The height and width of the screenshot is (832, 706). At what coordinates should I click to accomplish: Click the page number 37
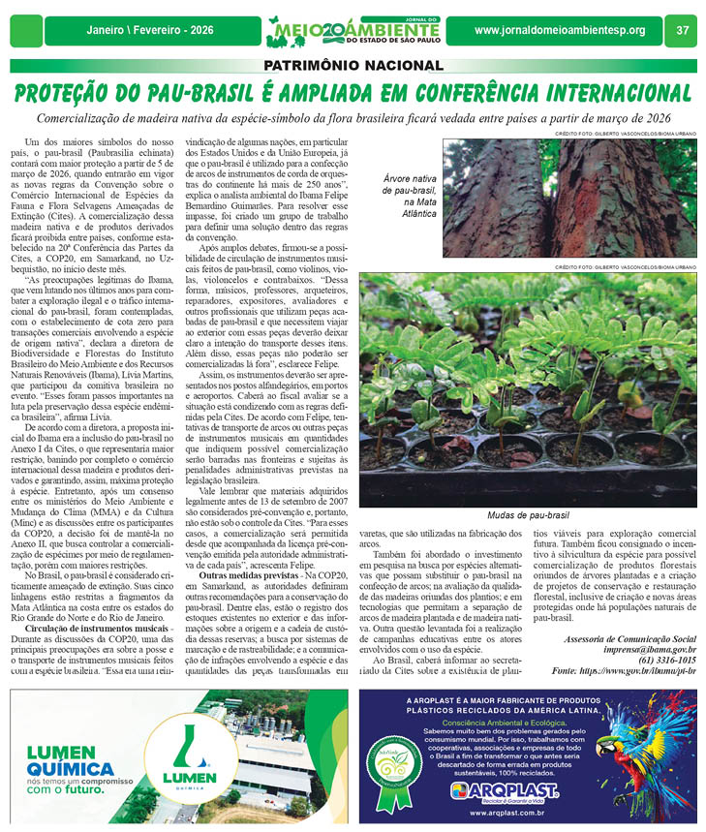[x=683, y=30]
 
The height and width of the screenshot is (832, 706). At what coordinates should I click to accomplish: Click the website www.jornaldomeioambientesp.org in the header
[x=560, y=30]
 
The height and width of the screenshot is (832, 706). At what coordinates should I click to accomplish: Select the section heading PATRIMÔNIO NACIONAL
[x=353, y=66]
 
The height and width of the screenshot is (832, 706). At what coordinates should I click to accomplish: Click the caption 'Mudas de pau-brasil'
[x=527, y=516]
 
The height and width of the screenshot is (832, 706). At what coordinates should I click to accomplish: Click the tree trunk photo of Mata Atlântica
[x=568, y=198]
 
